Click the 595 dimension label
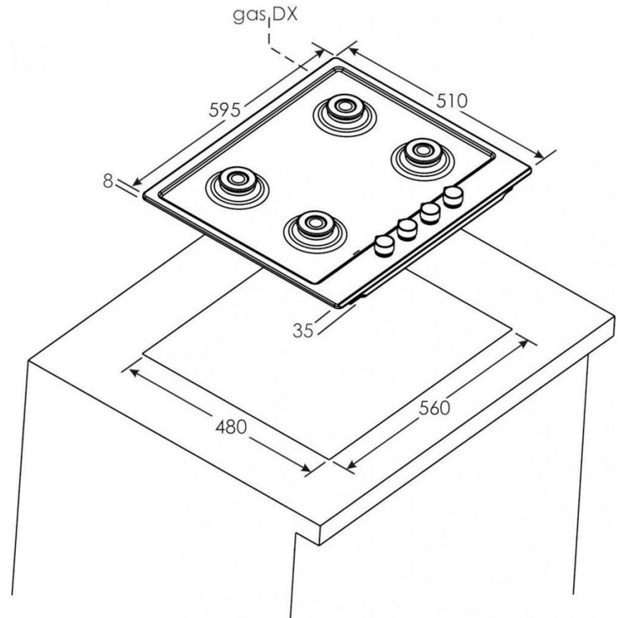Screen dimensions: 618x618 point(224,110)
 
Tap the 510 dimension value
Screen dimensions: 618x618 point(452,101)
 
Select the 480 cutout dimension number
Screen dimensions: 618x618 point(231,427)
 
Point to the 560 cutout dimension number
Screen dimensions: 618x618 point(434,408)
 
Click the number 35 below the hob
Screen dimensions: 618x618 point(303,331)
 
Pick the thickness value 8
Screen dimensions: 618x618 point(108,181)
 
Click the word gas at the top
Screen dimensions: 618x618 point(249,16)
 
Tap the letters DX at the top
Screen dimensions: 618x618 point(285,14)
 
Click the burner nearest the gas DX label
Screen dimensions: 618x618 point(345,115)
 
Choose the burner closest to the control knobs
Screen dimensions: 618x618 point(315,231)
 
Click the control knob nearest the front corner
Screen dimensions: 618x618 point(384,246)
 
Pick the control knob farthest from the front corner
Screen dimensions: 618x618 point(453,197)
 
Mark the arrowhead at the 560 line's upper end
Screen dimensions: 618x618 point(523,344)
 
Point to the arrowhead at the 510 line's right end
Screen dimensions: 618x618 point(539,154)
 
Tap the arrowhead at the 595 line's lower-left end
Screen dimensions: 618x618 point(137,181)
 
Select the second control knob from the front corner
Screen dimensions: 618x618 point(407,229)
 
